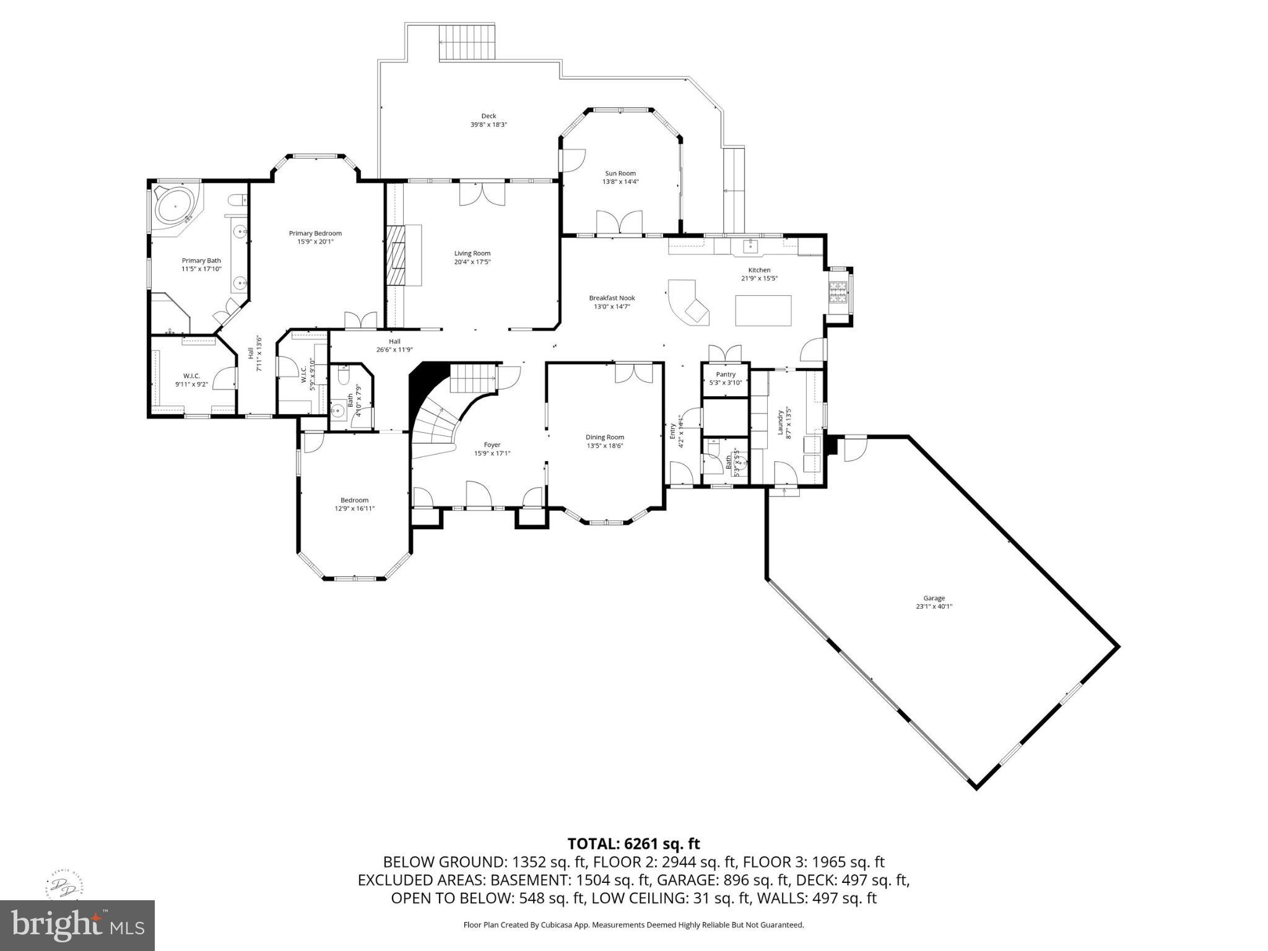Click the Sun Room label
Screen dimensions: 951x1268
620,173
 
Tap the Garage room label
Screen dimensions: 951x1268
934,598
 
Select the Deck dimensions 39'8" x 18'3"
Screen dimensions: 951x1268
489,124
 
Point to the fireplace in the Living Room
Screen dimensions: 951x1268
394,255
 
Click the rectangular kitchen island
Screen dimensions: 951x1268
763,310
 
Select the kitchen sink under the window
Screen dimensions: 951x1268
750,246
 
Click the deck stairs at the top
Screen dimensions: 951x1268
467,43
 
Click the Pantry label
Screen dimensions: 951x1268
725,375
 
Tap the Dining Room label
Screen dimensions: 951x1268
605,437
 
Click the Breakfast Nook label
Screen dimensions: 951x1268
612,298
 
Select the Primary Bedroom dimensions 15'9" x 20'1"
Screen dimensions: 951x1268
315,241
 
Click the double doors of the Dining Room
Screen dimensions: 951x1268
633,373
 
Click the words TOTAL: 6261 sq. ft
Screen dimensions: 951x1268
633,843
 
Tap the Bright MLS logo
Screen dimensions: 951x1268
77,925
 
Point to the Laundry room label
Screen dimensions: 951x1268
781,422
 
